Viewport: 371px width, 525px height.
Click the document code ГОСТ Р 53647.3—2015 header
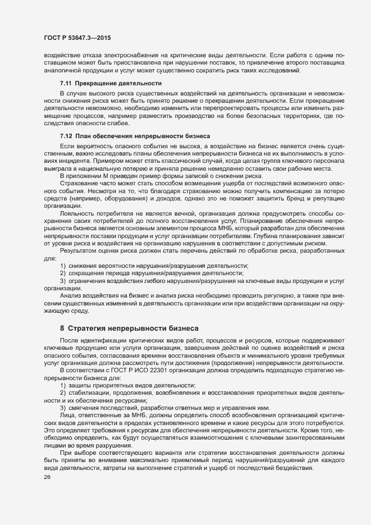pos(77,38)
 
